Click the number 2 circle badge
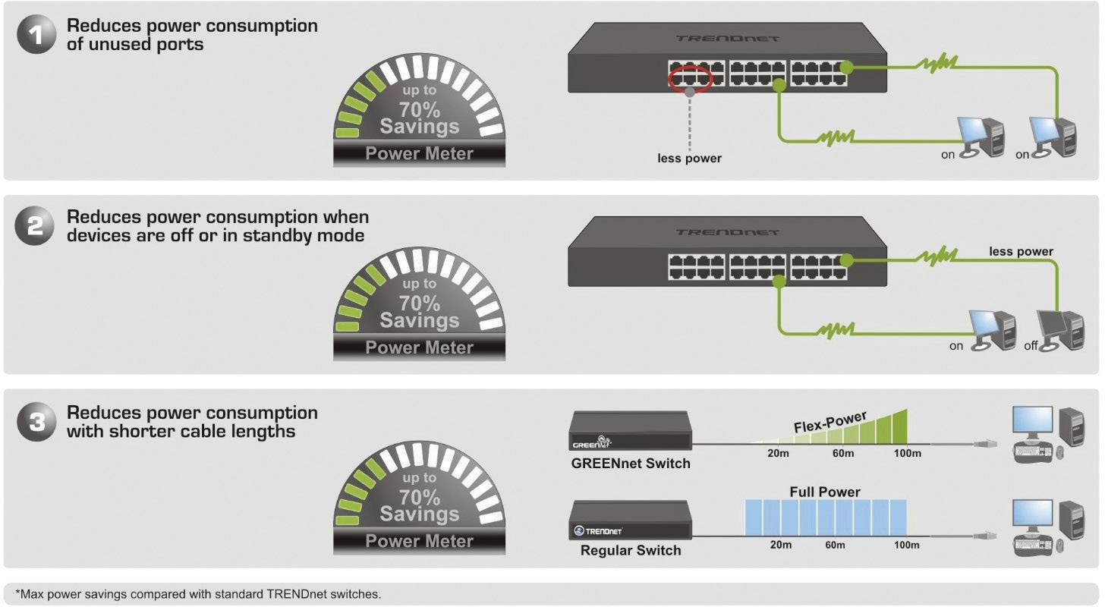click(36, 227)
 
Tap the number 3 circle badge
click(36, 422)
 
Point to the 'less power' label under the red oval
click(689, 159)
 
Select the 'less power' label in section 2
click(1021, 251)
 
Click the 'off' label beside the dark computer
click(1030, 346)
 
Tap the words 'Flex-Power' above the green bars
click(830, 423)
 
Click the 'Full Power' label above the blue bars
click(825, 492)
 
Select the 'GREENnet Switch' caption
click(631, 463)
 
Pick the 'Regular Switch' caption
click(631, 550)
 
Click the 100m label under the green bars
click(907, 454)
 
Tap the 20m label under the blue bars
click(781, 545)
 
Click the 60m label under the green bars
click(843, 454)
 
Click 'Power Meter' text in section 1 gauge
click(419, 153)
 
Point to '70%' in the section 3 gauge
click(420, 497)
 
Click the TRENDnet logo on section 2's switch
click(727, 232)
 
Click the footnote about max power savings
click(198, 593)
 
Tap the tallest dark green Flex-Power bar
click(901, 427)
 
